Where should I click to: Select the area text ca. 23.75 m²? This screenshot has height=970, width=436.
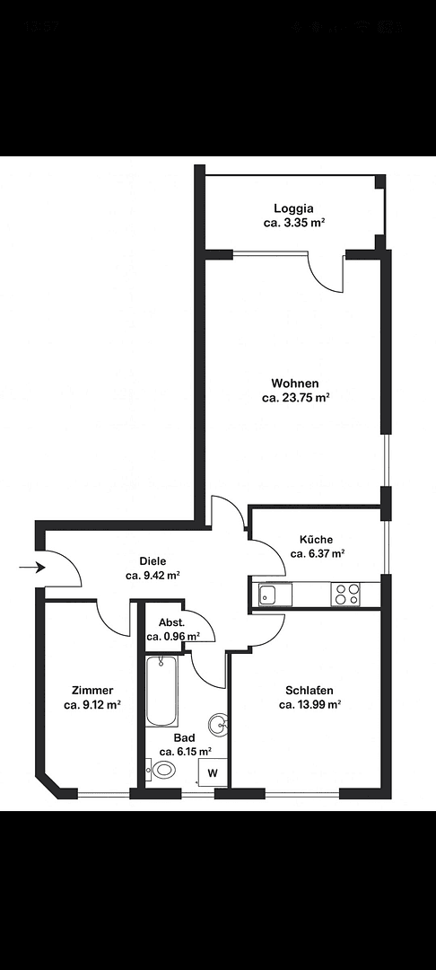[296, 397]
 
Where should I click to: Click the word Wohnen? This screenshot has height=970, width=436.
[296, 384]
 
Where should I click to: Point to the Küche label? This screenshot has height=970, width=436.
[318, 540]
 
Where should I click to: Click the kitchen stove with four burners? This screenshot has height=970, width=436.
[346, 594]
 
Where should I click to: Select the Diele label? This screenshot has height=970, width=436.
[153, 561]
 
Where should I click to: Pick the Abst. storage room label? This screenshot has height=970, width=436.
[172, 622]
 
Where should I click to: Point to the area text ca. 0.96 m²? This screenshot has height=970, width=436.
[173, 636]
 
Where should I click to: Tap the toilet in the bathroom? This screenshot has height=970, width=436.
[163, 770]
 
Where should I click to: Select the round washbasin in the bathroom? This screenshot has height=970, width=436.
[218, 725]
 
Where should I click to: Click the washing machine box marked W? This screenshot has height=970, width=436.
[213, 772]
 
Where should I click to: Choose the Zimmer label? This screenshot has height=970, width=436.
[92, 691]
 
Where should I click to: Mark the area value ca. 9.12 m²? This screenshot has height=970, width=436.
[92, 705]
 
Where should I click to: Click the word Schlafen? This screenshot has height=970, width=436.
[310, 691]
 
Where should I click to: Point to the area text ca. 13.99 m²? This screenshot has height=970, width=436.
[310, 705]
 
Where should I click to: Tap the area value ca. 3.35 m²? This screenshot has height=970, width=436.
[293, 223]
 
